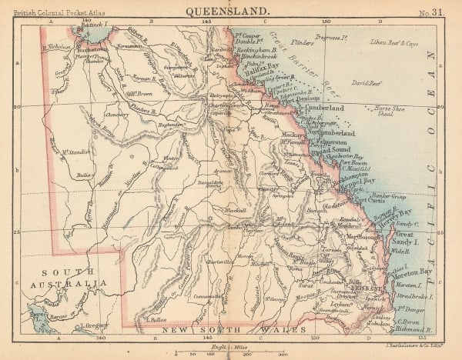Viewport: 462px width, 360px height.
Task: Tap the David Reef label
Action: click(367, 81)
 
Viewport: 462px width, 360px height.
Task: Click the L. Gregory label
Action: click(89, 325)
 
